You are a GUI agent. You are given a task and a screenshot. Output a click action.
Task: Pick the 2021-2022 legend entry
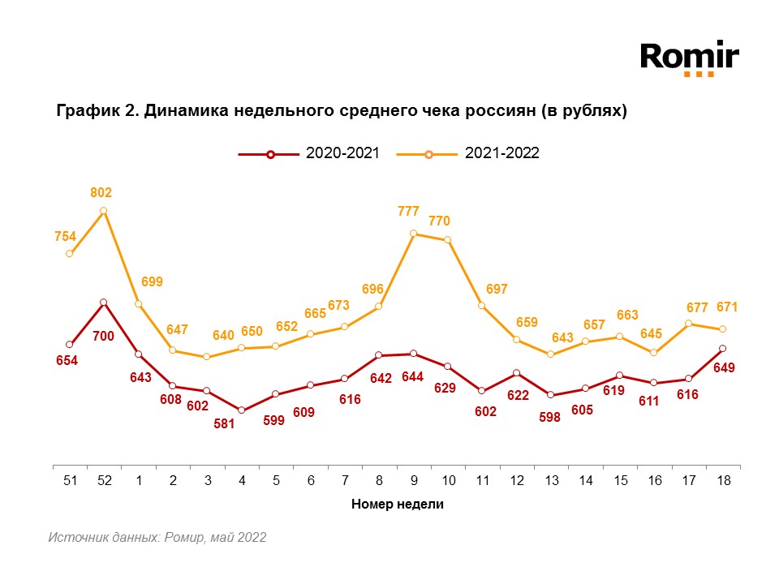coord(469,154)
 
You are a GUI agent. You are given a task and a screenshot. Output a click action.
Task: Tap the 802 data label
coord(101,193)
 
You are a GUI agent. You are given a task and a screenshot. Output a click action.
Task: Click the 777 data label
coord(408,212)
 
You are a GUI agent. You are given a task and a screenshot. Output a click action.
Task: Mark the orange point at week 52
coord(104,211)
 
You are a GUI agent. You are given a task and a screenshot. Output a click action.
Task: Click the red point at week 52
coord(104,303)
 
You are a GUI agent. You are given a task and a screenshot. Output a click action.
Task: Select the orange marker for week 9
coord(414,234)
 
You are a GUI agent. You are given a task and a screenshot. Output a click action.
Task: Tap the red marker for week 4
coord(242,410)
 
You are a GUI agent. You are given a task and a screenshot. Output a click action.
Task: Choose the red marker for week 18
coord(723,349)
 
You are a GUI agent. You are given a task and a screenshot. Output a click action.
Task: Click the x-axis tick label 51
coord(70,480)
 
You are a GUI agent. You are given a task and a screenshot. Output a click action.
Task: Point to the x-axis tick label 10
coord(448,480)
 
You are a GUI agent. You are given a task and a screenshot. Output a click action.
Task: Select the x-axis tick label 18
coord(723,480)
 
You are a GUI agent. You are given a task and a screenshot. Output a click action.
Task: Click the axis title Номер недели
coord(397,504)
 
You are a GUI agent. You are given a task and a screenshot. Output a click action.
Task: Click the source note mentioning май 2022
coord(157,537)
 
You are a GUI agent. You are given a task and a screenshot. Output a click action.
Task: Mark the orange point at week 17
coord(689,324)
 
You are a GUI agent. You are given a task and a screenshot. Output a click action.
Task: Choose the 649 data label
coord(724,367)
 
